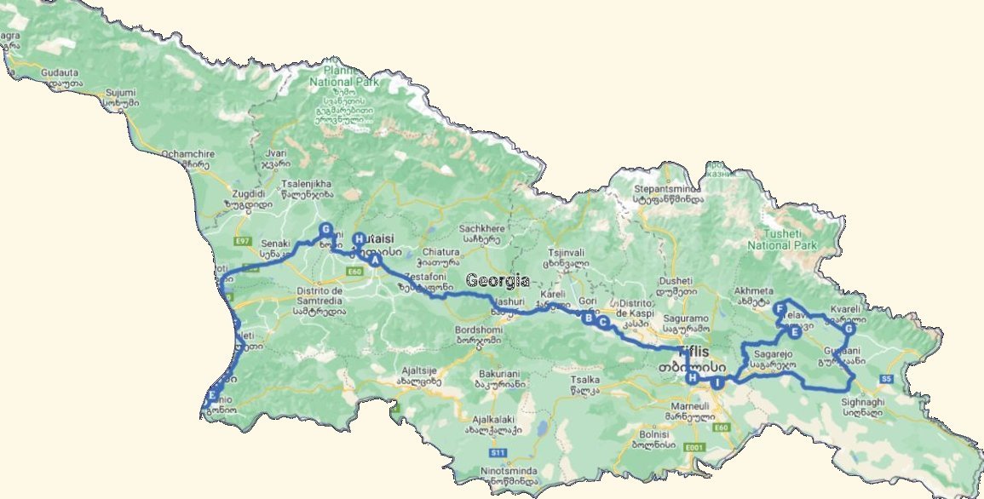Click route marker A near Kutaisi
tap(375, 262)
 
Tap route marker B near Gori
tap(587, 318)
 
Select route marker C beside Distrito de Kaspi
tap(603, 323)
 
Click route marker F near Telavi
tap(780, 309)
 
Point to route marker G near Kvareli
tap(849, 330)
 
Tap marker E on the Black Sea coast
tap(212, 395)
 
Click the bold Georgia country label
tap(498, 281)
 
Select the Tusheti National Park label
tap(781, 239)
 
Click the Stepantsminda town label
tap(669, 188)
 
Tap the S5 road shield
tap(886, 379)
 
